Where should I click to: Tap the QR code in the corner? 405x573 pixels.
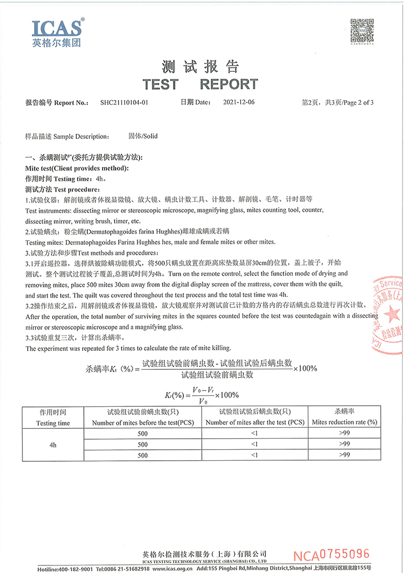tap(362, 30)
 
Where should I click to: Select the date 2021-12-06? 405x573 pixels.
tap(238, 102)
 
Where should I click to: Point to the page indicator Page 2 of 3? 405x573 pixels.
tap(359, 102)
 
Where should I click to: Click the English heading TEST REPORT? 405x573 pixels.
tap(200, 84)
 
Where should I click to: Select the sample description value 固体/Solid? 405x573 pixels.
tap(143, 137)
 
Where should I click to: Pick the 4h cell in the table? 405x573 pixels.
tap(53, 445)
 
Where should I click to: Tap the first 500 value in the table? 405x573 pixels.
tap(142, 434)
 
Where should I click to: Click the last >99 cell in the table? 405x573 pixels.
tap(344, 455)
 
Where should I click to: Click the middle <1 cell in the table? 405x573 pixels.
tap(255, 445)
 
